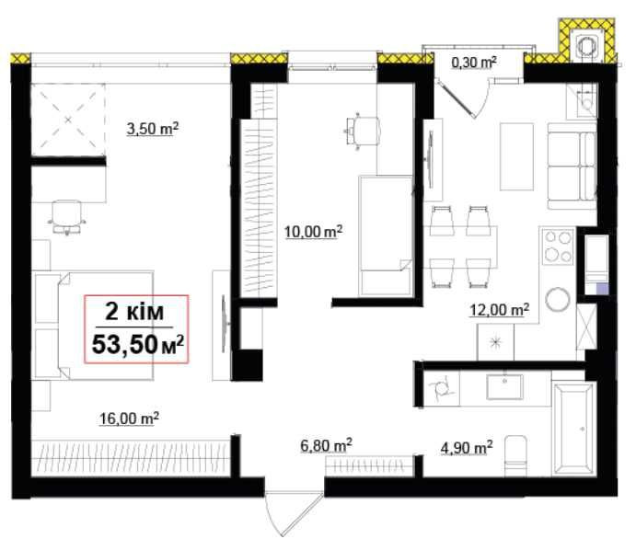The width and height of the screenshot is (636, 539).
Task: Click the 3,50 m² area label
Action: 153,129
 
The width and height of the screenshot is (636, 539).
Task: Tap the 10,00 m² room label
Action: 314,232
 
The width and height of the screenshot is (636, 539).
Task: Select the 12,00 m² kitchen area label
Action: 499,310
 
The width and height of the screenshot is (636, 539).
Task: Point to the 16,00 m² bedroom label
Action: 129,419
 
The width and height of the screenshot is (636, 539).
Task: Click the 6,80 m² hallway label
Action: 326,445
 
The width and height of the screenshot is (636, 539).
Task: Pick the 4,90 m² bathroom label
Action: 467,448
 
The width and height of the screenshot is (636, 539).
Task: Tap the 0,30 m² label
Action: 474,63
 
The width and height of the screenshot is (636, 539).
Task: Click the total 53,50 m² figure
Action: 138,345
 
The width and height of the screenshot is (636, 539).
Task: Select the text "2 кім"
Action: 134,312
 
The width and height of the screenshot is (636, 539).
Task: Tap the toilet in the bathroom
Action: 515,456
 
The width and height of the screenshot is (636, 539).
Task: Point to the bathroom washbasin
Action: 504,386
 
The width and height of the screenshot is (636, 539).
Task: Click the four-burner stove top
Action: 558,246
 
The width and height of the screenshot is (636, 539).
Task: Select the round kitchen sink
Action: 558,300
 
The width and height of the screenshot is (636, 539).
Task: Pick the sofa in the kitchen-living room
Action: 572,166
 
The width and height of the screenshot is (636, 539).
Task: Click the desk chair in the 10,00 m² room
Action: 363,132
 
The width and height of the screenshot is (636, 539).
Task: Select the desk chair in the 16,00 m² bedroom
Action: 67,217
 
